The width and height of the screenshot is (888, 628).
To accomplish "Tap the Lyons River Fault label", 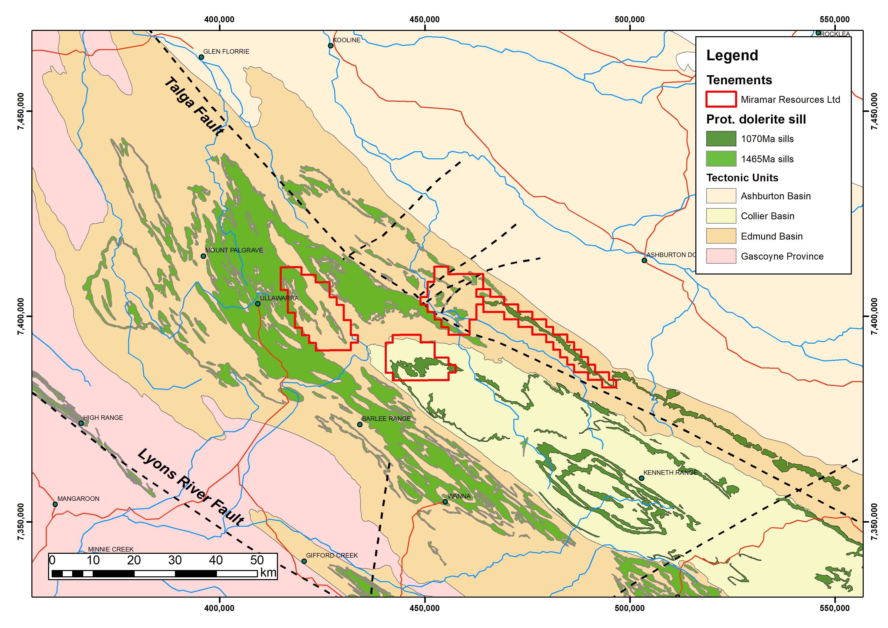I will (191, 487).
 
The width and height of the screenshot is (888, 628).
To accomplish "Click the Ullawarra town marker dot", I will (258, 304).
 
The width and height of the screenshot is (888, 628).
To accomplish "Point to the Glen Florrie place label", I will (226, 51).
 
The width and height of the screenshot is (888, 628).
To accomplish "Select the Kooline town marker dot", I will (331, 46).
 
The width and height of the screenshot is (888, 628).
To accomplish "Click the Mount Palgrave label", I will (234, 250).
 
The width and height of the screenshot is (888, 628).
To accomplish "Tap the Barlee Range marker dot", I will (360, 424).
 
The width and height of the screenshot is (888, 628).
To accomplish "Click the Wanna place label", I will (459, 496).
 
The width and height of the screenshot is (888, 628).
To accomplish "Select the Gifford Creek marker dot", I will (304, 561).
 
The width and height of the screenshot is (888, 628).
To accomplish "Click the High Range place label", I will (103, 418).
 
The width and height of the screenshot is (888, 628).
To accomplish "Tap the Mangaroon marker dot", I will (55, 504).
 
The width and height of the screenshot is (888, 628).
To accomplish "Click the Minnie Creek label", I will (111, 549).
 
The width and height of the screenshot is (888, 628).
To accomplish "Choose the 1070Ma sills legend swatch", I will (721, 139).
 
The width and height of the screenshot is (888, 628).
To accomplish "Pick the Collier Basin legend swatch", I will (721, 216).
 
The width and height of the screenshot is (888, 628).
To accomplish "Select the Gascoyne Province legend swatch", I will (721, 256).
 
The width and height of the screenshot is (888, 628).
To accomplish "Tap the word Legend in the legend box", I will (732, 55).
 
